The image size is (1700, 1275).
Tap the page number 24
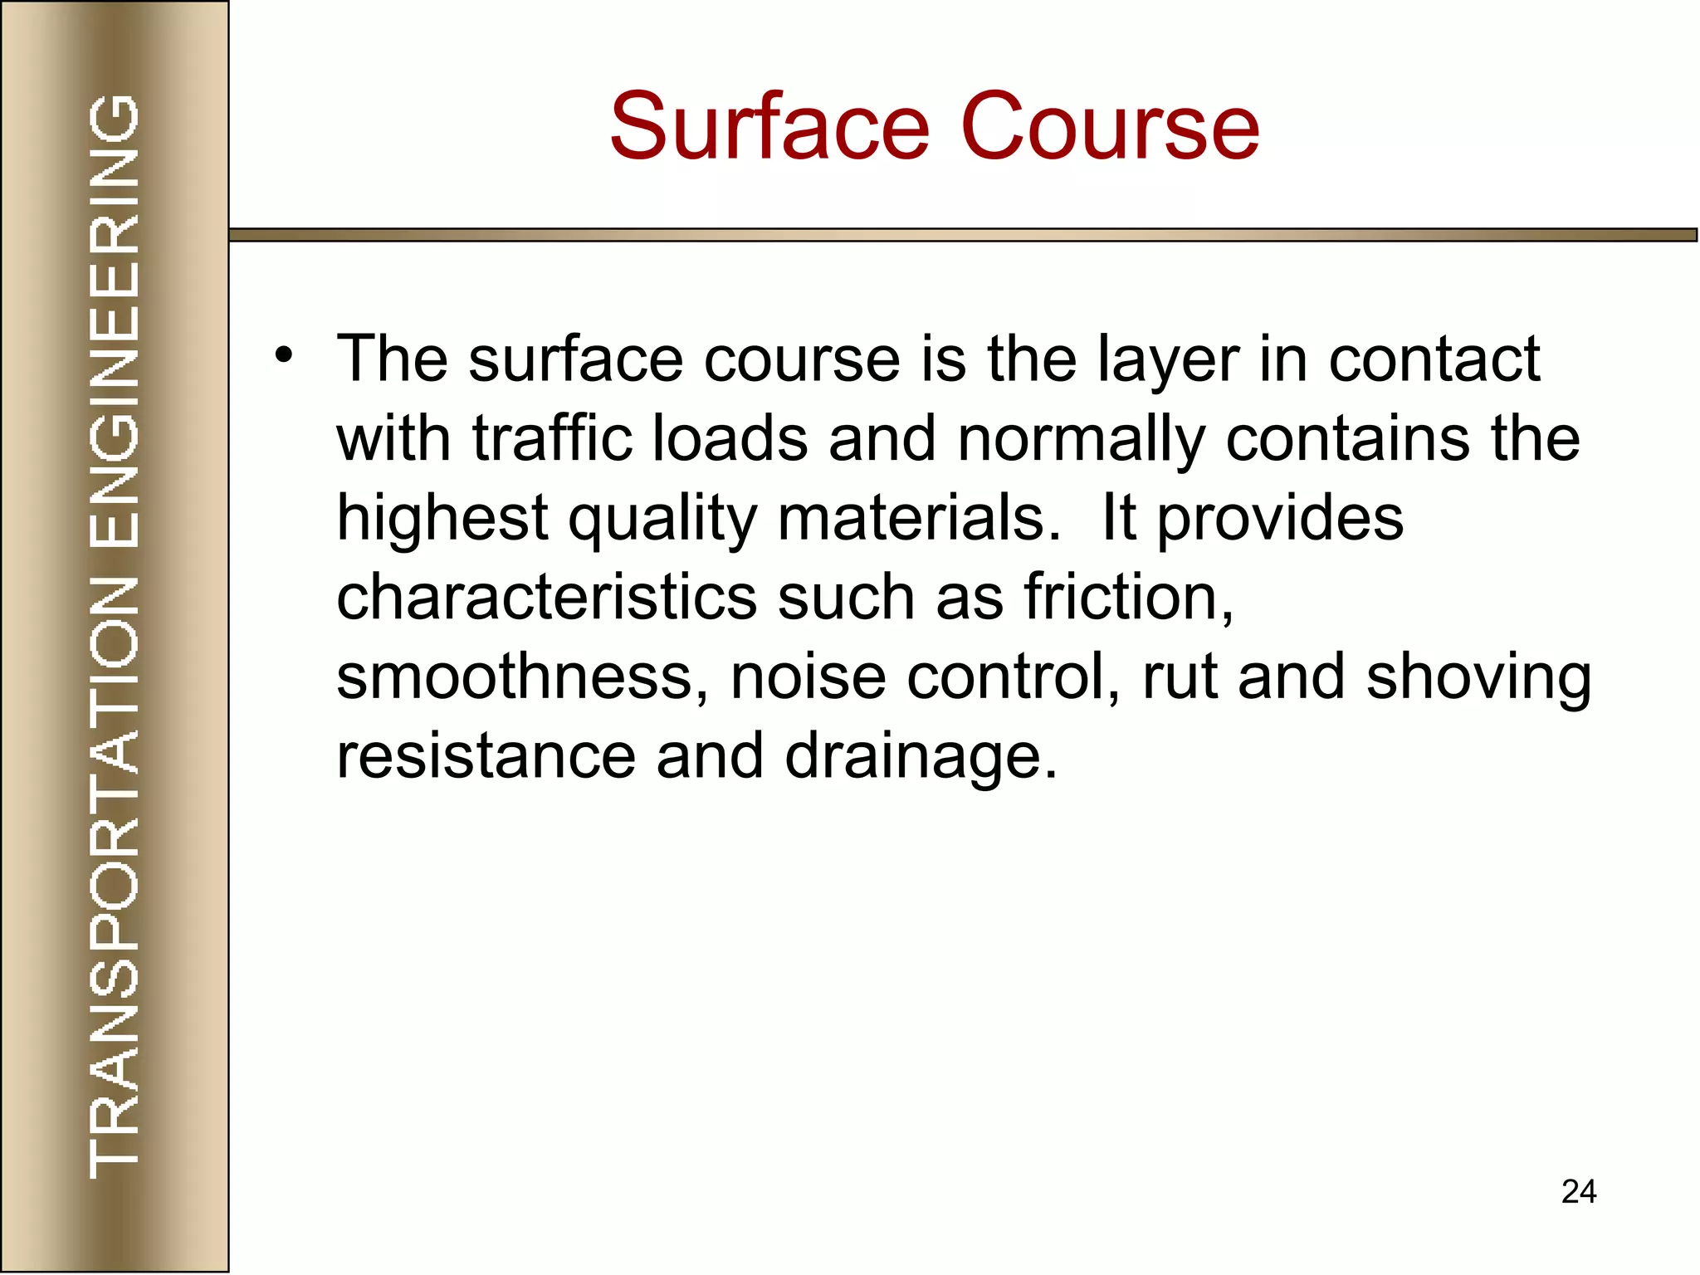click(x=1578, y=1192)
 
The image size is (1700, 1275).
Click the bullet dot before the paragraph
click(x=285, y=356)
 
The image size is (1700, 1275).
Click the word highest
click(x=442, y=518)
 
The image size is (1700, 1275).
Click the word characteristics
click(x=546, y=597)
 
